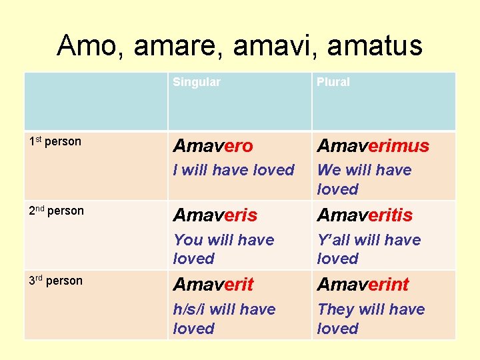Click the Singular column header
point(196,82)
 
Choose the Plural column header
point(333,82)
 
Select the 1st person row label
point(55,141)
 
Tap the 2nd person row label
point(57,211)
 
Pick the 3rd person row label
point(55,281)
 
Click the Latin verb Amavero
point(213,146)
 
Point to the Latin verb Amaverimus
point(373,146)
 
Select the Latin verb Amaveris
point(215,215)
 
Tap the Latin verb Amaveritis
point(365,215)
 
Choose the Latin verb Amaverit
point(213,285)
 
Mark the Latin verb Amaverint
point(363,285)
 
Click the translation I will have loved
point(233,170)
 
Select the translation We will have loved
point(364,179)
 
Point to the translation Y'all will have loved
point(369,249)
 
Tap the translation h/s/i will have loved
point(224,319)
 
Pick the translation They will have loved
point(371,319)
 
